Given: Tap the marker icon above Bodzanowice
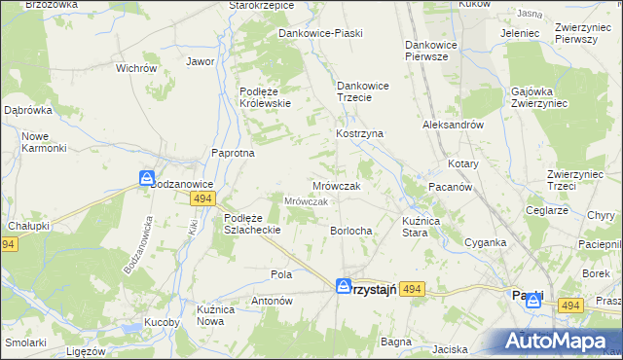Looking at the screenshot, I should tap(146, 179).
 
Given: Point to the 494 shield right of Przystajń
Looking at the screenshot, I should tap(413, 289).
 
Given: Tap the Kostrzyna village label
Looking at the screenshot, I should tap(360, 132).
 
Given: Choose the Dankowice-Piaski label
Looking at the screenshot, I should tap(320, 33).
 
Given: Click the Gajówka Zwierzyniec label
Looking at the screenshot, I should tap(538, 97).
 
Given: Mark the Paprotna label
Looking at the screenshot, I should tap(234, 153).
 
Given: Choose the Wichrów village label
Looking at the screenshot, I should tap(136, 69).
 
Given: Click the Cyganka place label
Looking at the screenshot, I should tap(485, 242).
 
